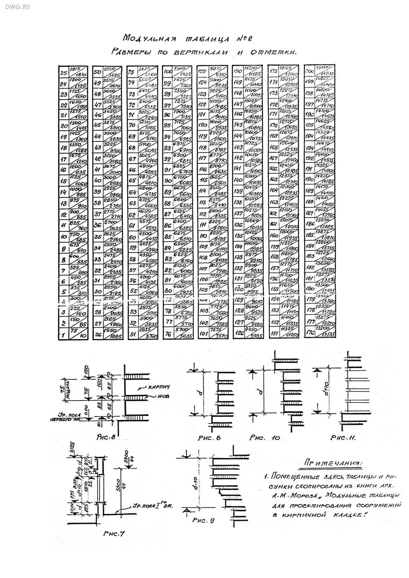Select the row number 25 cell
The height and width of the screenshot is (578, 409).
pyautogui.click(x=64, y=73)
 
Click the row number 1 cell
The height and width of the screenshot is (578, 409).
pyautogui.click(x=64, y=335)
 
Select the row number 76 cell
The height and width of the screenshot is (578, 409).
pyautogui.click(x=168, y=334)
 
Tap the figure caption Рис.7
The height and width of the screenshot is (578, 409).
pyautogui.click(x=114, y=534)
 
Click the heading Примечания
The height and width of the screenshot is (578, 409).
pyautogui.click(x=333, y=463)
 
